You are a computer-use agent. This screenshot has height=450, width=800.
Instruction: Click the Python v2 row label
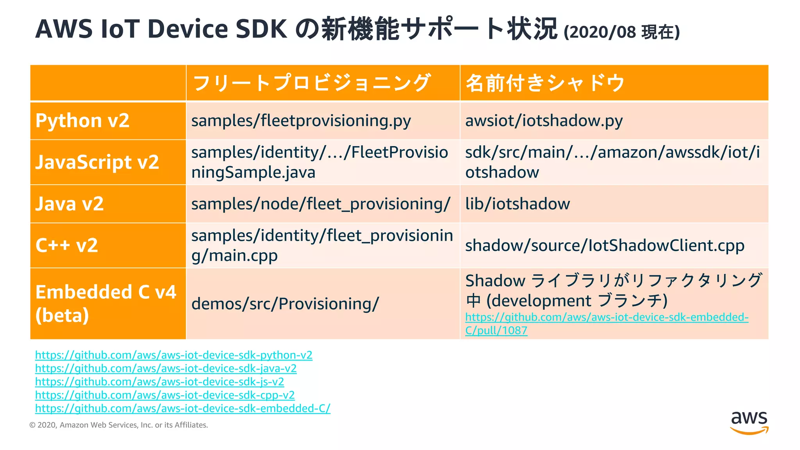tap(82, 121)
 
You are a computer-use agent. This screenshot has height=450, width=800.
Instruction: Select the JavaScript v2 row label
tap(97, 162)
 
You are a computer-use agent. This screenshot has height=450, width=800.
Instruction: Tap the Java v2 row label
tap(70, 204)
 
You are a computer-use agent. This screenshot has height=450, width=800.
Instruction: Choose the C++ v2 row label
tap(67, 245)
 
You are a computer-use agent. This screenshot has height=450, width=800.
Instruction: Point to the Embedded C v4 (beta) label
tap(105, 304)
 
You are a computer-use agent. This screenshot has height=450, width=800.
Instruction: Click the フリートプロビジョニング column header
tap(311, 83)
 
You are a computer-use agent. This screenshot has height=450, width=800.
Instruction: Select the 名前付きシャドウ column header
tap(545, 83)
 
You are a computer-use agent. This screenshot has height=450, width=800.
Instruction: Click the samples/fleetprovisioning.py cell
tap(301, 121)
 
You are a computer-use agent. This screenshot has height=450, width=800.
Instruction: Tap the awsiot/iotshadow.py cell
tap(544, 121)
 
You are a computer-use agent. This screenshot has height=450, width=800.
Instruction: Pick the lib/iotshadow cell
tap(517, 204)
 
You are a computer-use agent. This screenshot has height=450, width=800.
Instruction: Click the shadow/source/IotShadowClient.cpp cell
tap(604, 246)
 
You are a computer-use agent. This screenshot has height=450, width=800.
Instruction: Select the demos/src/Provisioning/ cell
tap(285, 304)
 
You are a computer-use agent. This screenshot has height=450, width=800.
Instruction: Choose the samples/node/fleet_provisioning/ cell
tap(320, 204)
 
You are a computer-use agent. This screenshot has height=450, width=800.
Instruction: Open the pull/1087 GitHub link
tap(606, 323)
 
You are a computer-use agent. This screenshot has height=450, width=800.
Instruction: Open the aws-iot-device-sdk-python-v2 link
tap(173, 355)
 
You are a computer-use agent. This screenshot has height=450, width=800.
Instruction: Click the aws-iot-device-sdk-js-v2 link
tap(159, 382)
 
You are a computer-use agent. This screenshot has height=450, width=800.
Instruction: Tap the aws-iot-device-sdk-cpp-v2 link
tap(164, 395)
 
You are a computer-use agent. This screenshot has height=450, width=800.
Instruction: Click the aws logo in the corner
tap(749, 422)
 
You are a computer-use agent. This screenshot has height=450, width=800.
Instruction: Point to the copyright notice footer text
tap(119, 425)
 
